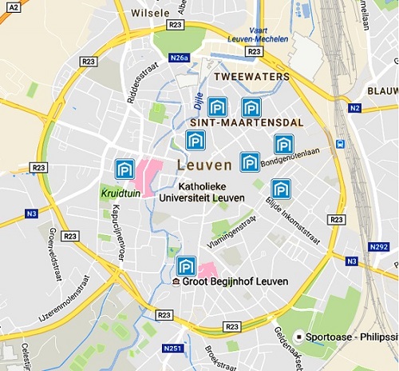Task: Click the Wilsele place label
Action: coord(149,14)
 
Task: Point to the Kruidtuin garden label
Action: coord(119,193)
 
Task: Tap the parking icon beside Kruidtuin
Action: coord(124,169)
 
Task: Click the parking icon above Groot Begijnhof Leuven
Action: coord(186,265)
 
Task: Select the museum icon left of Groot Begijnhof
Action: coord(176,282)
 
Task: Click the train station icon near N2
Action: coord(341,144)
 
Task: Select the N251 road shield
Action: coord(172,349)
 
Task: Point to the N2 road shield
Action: coord(355,107)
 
